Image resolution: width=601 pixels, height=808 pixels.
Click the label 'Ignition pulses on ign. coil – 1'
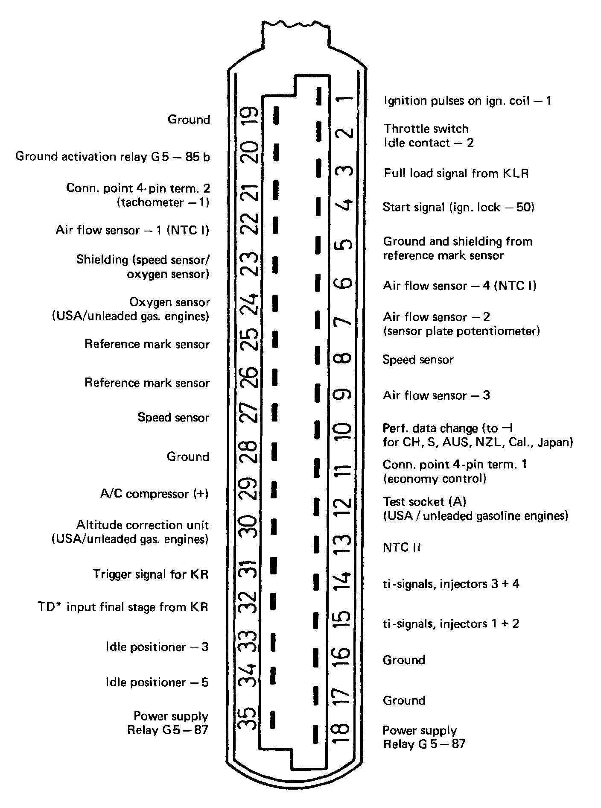coord(467,101)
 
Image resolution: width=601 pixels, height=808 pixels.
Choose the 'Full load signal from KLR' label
coord(456,173)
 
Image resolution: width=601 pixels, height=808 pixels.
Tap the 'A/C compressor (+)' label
coord(154,494)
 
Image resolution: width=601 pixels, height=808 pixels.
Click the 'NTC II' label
coord(401,547)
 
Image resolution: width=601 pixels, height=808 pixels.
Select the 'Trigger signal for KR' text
coord(150,574)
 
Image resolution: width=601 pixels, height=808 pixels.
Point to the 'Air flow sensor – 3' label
coord(436,395)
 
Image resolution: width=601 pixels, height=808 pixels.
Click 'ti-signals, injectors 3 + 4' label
coord(451,584)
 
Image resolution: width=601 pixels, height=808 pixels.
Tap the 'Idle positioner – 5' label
coord(157,682)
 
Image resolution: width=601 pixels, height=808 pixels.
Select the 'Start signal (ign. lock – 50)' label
coord(458,208)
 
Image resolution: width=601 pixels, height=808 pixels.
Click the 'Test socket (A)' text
coord(424,501)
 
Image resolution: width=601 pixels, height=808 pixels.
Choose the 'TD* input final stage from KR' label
coord(123,607)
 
